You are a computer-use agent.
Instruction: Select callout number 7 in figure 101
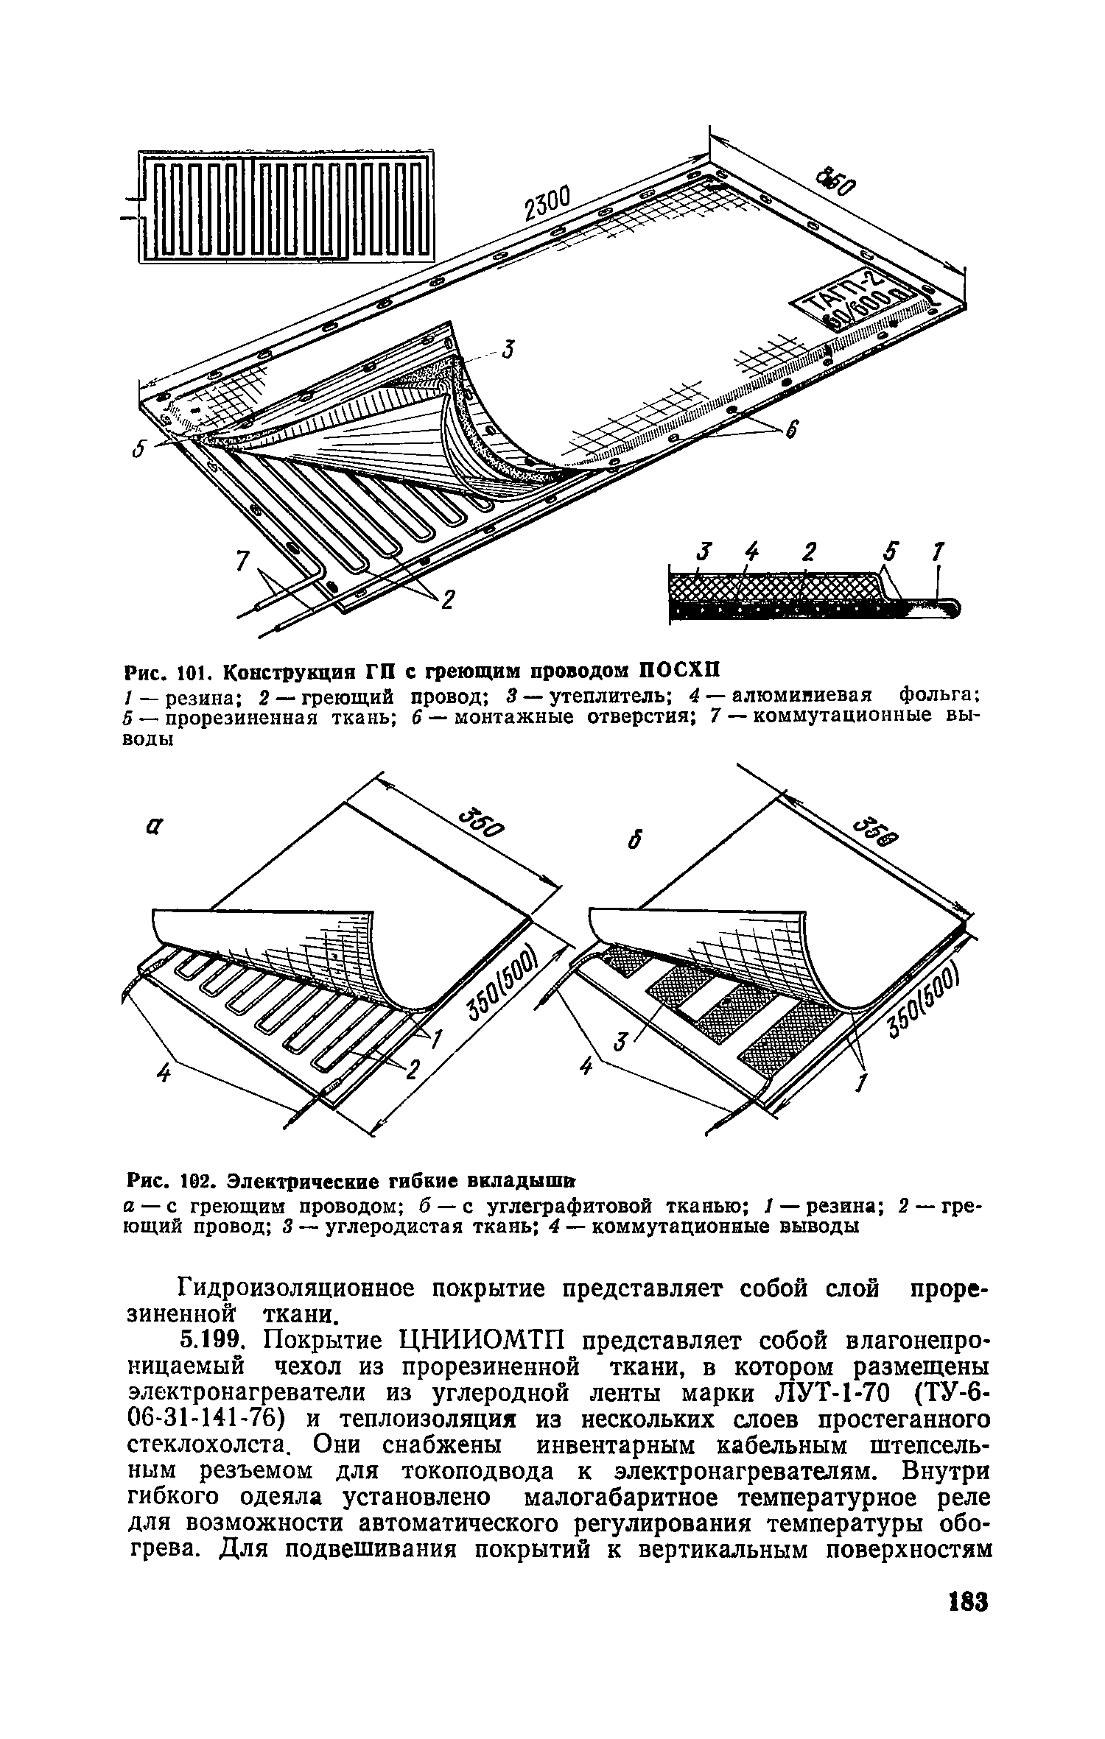click(x=241, y=561)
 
